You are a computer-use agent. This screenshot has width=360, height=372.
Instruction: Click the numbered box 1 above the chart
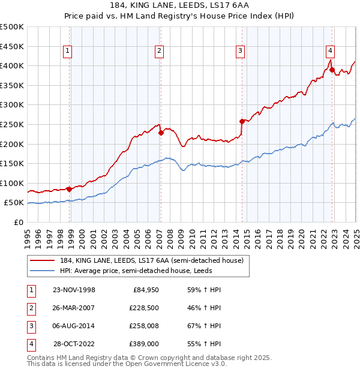click(68, 52)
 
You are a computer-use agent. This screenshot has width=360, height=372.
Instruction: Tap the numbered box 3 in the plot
click(239, 52)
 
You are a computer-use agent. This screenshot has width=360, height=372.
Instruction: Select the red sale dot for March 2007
click(161, 133)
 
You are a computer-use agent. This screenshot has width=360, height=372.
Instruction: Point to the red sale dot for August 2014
click(242, 121)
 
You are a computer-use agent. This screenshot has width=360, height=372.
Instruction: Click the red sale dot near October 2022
click(332, 70)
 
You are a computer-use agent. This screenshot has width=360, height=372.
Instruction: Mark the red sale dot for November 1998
click(70, 189)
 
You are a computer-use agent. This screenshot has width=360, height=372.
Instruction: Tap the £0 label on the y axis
click(18, 222)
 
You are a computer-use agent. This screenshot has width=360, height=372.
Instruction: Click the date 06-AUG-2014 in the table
click(74, 326)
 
